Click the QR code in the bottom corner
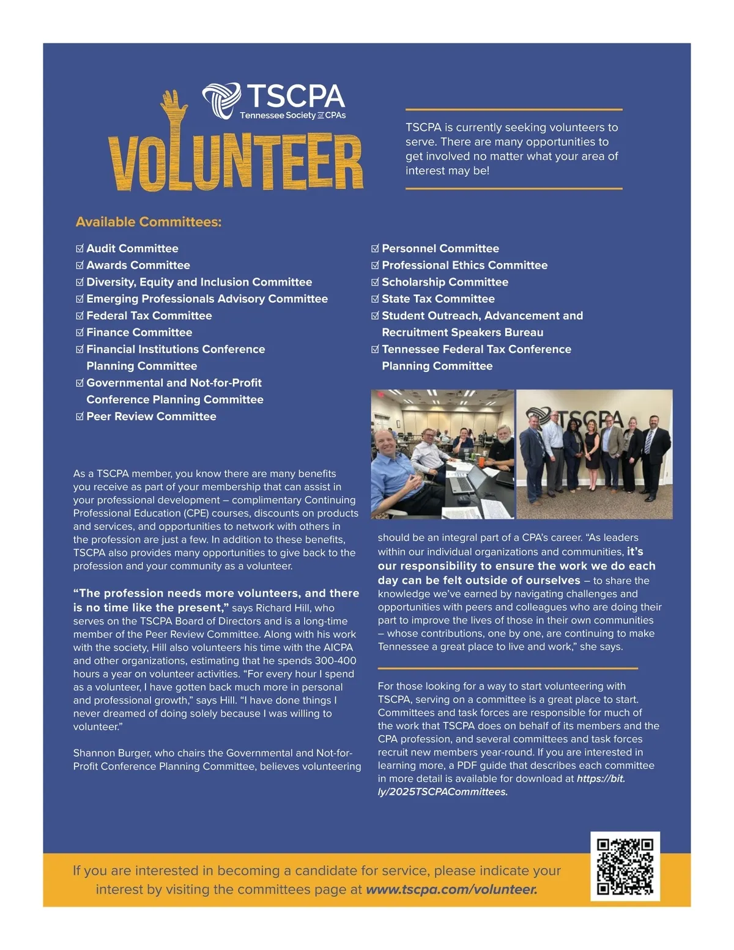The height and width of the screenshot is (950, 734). pos(625,866)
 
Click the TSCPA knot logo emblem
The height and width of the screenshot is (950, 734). pos(221,100)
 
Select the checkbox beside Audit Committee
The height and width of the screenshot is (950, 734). pos(80,249)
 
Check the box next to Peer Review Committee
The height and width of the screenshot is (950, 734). pos(80,417)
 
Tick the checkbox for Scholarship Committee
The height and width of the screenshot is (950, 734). pos(375,283)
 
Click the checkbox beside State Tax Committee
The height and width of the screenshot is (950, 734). pos(375,299)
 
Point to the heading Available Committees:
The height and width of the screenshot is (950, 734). pos(149,222)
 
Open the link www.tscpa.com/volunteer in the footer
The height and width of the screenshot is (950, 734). pos(451,889)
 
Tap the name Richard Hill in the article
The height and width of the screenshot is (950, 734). pos(284,608)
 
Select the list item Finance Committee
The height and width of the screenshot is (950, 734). pos(139,333)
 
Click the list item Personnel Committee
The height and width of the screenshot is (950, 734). pos(440,249)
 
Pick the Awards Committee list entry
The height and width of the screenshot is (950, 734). pos(138,265)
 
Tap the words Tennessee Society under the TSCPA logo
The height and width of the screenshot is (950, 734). pos(277,116)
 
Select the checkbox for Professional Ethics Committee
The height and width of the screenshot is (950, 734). pos(375,265)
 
